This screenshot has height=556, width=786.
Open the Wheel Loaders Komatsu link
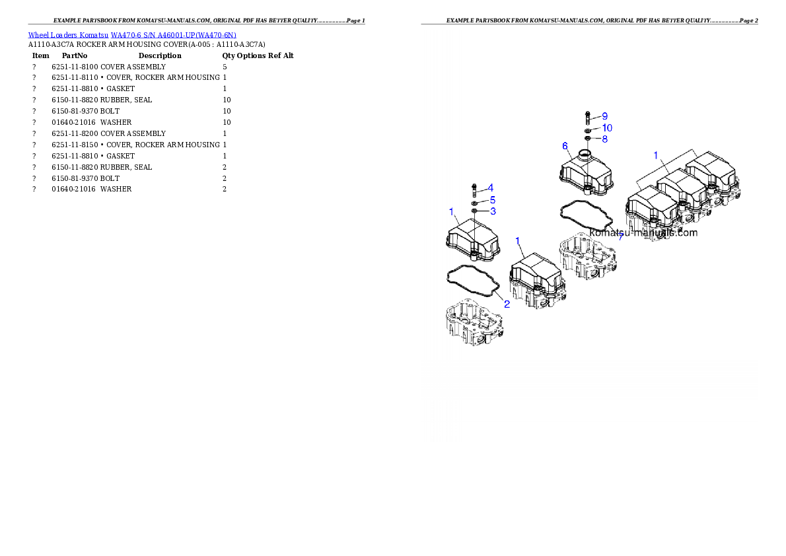[67, 35]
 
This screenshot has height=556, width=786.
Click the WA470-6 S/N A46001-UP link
[174, 35]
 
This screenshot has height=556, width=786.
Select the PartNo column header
[74, 55]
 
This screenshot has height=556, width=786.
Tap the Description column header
[160, 55]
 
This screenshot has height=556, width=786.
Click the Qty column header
[228, 55]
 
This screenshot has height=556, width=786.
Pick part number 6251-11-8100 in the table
[75, 67]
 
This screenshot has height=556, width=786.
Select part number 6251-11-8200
[75, 133]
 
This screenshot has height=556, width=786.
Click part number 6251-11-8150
[75, 145]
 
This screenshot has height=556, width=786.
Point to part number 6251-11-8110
[75, 78]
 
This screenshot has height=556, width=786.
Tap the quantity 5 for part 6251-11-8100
[225, 67]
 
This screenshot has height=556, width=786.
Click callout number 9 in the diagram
[604, 116]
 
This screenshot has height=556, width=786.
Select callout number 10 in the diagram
[607, 128]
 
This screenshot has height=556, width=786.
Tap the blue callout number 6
[565, 146]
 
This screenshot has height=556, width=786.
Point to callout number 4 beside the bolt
[490, 188]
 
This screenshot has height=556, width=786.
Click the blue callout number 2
[507, 304]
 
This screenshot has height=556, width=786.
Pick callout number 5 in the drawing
[493, 200]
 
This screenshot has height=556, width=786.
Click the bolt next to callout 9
[587, 118]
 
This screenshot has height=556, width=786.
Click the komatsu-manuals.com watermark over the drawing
[643, 232]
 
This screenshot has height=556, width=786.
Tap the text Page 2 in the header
[748, 20]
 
